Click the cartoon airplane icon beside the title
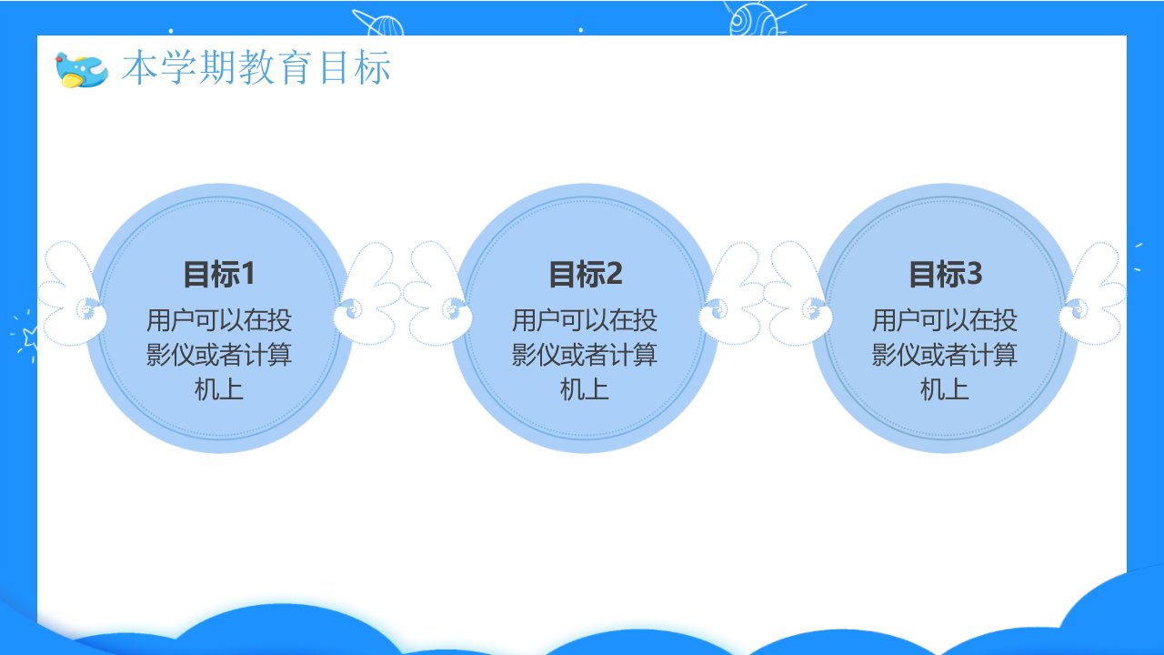pos(82,70)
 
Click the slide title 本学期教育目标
pos(256,67)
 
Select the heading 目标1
pos(219,274)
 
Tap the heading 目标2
pos(585,274)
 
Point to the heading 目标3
pos(945,274)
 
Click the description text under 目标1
pos(219,355)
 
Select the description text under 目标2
pos(585,355)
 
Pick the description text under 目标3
pos(945,355)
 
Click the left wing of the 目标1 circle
pos(71,294)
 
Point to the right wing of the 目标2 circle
pos(732,294)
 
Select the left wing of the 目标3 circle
pos(798,294)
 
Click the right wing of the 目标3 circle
pos(1092,294)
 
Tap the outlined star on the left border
pos(30,338)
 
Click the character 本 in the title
pos(139,67)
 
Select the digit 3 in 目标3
pos(974,274)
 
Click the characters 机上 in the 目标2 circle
pos(585,389)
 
